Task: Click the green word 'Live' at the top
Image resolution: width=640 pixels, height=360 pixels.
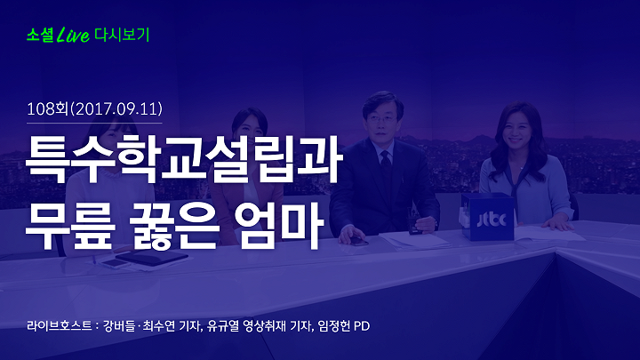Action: click(73, 35)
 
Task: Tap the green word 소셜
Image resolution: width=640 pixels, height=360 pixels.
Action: click(40, 35)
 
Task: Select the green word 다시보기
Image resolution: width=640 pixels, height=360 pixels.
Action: click(122, 35)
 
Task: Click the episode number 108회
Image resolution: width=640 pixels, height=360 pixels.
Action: click(47, 109)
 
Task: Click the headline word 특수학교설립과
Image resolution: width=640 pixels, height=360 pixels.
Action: click(184, 158)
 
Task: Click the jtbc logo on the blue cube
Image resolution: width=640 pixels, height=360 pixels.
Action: click(492, 220)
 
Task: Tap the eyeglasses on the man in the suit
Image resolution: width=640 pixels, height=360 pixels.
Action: click(381, 120)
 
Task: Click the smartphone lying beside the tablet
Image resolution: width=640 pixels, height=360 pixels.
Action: click(116, 264)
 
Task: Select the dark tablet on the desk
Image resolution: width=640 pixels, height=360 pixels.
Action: click(152, 258)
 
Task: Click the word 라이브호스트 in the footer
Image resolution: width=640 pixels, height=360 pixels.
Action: click(60, 326)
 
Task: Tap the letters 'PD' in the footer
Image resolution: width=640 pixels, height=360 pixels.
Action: click(362, 326)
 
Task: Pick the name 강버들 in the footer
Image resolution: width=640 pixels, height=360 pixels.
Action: click(119, 326)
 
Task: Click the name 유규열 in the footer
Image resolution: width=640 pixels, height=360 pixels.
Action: click(223, 326)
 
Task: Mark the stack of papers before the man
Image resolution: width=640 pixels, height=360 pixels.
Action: click(414, 240)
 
